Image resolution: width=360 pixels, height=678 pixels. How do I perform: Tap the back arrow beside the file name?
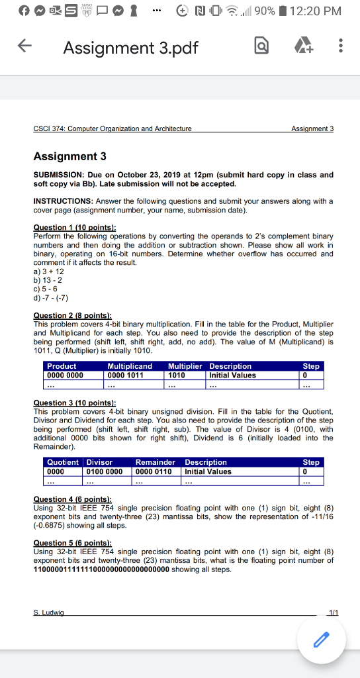[x=24, y=48]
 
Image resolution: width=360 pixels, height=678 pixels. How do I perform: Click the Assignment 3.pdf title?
[x=130, y=48]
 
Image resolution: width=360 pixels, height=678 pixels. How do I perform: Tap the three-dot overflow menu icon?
[x=341, y=48]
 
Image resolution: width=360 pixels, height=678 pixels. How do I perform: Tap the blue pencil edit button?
[x=321, y=639]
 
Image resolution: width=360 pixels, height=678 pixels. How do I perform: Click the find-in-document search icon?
[x=262, y=48]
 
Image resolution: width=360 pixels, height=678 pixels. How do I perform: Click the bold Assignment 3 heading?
[x=69, y=156]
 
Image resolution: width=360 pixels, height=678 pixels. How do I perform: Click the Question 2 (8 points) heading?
[x=72, y=316]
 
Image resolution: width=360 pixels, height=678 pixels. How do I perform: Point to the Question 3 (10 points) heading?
[x=74, y=403]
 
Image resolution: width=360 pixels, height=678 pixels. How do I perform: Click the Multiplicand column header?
[x=130, y=366]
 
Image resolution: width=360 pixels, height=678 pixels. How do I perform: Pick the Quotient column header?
[x=62, y=462]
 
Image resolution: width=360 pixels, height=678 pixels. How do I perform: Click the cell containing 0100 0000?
[x=104, y=471]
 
